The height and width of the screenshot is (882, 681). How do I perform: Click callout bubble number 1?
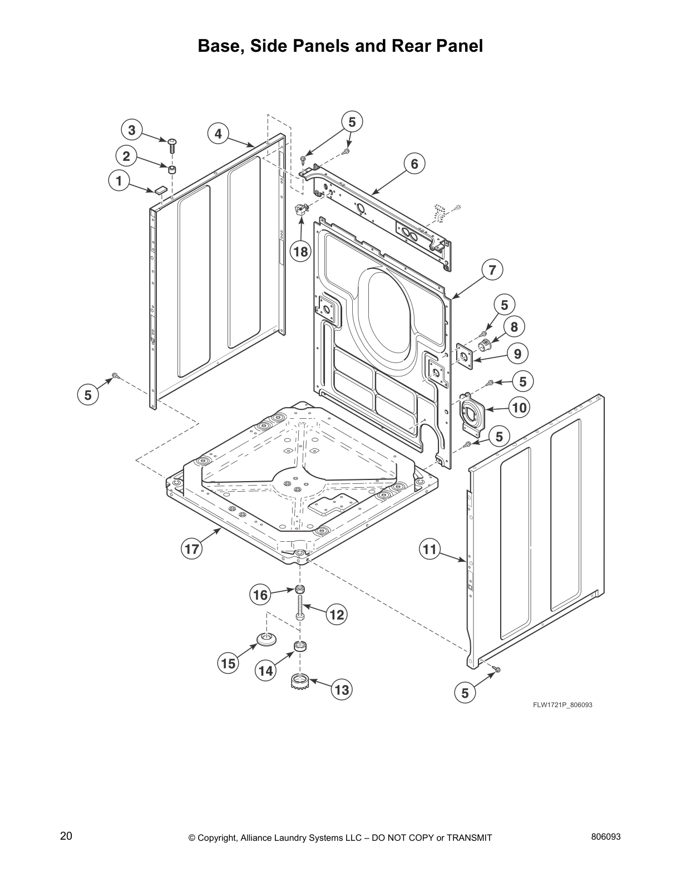(x=118, y=180)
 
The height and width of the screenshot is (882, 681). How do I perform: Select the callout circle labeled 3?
(x=132, y=130)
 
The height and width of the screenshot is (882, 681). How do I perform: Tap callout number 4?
(x=218, y=134)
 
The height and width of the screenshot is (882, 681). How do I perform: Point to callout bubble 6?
(x=414, y=164)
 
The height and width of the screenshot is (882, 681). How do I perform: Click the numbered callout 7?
(x=492, y=270)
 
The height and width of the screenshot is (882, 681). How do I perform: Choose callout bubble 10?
(x=519, y=408)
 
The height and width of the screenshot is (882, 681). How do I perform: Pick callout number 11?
(x=430, y=550)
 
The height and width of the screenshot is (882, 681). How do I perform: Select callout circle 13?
(x=342, y=690)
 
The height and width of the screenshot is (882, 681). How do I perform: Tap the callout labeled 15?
(x=228, y=664)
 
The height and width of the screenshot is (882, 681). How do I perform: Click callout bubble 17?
(x=192, y=550)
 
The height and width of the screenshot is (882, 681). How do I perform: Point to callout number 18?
(x=300, y=252)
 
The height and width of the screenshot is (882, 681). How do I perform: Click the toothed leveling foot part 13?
(x=300, y=680)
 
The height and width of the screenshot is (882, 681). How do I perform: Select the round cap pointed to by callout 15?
(x=267, y=639)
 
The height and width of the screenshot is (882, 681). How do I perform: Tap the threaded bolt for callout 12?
(x=300, y=609)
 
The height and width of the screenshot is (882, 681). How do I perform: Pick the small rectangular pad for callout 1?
(x=160, y=189)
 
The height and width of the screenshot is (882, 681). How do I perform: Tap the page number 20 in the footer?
(x=66, y=836)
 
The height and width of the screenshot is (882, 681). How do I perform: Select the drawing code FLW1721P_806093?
(x=562, y=705)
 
